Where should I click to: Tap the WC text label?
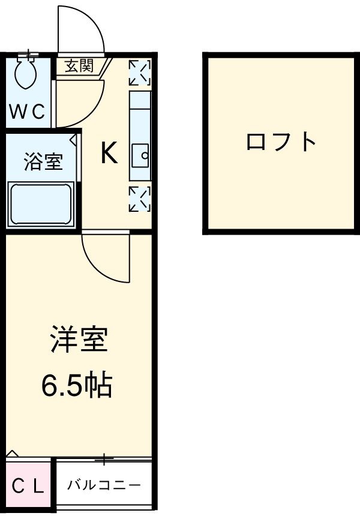click(26, 112)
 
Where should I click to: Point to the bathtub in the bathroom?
click(41, 204)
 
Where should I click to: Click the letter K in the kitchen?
click(109, 154)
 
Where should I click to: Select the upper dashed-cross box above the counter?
click(140, 73)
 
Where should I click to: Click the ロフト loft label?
click(281, 142)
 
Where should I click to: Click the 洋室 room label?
click(78, 340)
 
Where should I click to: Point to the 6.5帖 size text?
click(77, 385)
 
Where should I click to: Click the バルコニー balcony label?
click(104, 484)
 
